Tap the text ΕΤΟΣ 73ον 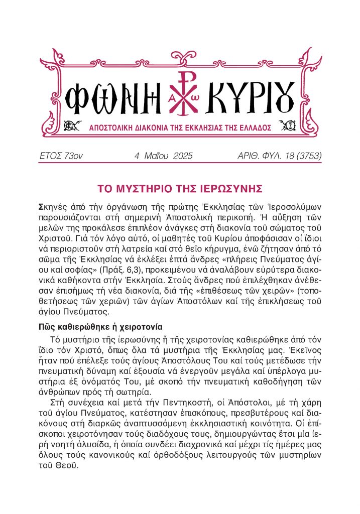(x=61, y=156)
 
